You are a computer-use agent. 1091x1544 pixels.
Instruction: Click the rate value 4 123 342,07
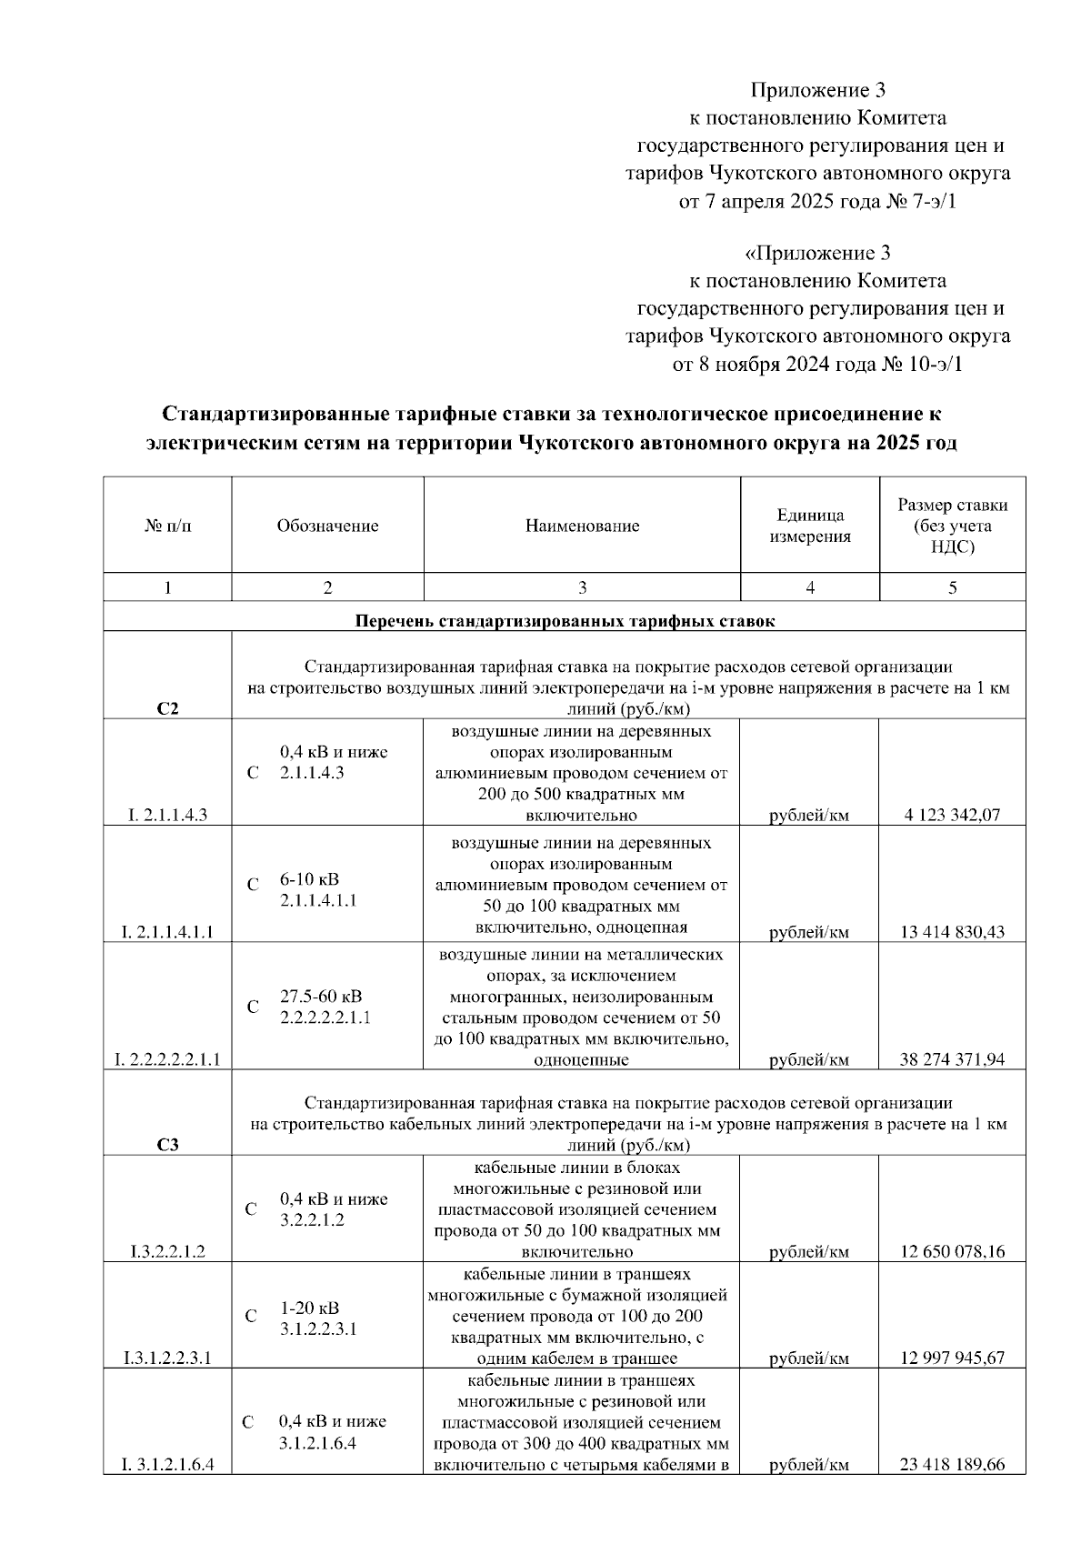pyautogui.click(x=952, y=815)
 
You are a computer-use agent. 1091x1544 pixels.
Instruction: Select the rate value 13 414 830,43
pyautogui.click(x=952, y=931)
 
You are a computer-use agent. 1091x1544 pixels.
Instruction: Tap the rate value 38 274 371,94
pyautogui.click(x=952, y=1059)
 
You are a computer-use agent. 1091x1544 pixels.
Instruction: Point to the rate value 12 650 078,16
pyautogui.click(x=952, y=1251)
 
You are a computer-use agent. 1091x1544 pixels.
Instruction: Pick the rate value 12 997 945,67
pyautogui.click(x=952, y=1358)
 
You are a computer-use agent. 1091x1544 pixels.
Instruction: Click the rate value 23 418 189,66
pyautogui.click(x=952, y=1465)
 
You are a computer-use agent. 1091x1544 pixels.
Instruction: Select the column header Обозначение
pyautogui.click(x=327, y=526)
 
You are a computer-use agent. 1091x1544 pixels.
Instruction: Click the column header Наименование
pyautogui.click(x=582, y=526)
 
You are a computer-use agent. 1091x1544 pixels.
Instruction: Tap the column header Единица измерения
pyautogui.click(x=810, y=526)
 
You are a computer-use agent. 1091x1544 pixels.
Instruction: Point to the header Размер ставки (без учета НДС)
pyautogui.click(x=952, y=526)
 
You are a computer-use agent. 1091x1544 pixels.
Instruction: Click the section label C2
pyautogui.click(x=167, y=709)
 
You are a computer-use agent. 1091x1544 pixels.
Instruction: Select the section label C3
pyautogui.click(x=167, y=1145)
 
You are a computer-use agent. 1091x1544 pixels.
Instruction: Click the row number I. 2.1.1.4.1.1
pyautogui.click(x=167, y=931)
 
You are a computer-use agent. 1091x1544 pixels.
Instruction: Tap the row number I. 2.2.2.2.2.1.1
pyautogui.click(x=167, y=1059)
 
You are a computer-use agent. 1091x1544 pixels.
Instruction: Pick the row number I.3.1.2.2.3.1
pyautogui.click(x=167, y=1358)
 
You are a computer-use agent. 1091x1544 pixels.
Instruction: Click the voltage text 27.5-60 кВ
pyautogui.click(x=320, y=996)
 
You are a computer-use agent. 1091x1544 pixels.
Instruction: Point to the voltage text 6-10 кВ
pyautogui.click(x=309, y=879)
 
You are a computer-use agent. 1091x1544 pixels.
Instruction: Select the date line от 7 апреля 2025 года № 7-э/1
pyautogui.click(x=818, y=201)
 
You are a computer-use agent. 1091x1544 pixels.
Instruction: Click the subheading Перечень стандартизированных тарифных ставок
pyautogui.click(x=565, y=622)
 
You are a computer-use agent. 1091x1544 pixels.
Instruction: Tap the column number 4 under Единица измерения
pyautogui.click(x=810, y=587)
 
